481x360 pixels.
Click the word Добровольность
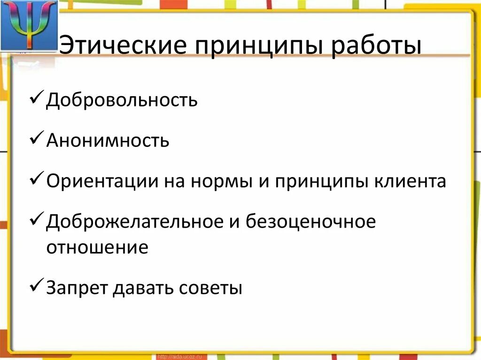(122, 100)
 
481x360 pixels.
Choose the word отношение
(97, 247)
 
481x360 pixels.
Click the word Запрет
(77, 288)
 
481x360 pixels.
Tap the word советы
(211, 288)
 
